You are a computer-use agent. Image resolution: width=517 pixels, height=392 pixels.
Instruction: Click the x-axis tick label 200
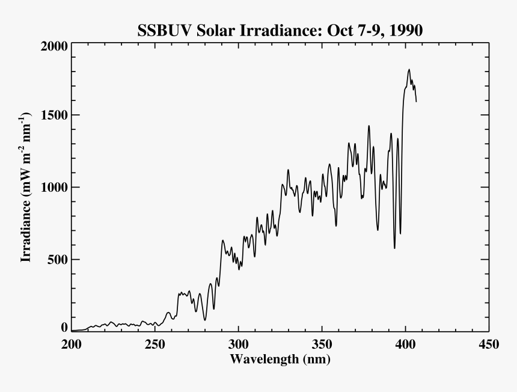click(72, 345)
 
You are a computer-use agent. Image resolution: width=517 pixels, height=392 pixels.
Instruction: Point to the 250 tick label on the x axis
click(155, 345)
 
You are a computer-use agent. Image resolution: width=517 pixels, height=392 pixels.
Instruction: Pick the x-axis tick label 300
click(239, 345)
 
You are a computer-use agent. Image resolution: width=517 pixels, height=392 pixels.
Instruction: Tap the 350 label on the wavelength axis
click(322, 345)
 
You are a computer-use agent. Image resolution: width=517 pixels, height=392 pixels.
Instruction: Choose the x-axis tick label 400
click(405, 345)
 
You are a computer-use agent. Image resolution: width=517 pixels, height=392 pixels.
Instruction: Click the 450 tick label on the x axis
click(488, 345)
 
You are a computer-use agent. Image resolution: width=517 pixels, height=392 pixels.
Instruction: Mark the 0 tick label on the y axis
click(64, 328)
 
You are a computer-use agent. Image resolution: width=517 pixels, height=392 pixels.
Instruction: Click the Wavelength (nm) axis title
click(280, 360)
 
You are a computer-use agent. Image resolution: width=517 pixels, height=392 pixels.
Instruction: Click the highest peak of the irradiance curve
click(409, 70)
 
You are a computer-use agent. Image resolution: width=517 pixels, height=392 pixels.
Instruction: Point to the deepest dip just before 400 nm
click(394, 248)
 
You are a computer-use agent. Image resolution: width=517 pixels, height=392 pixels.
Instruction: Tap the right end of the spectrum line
click(416, 102)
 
